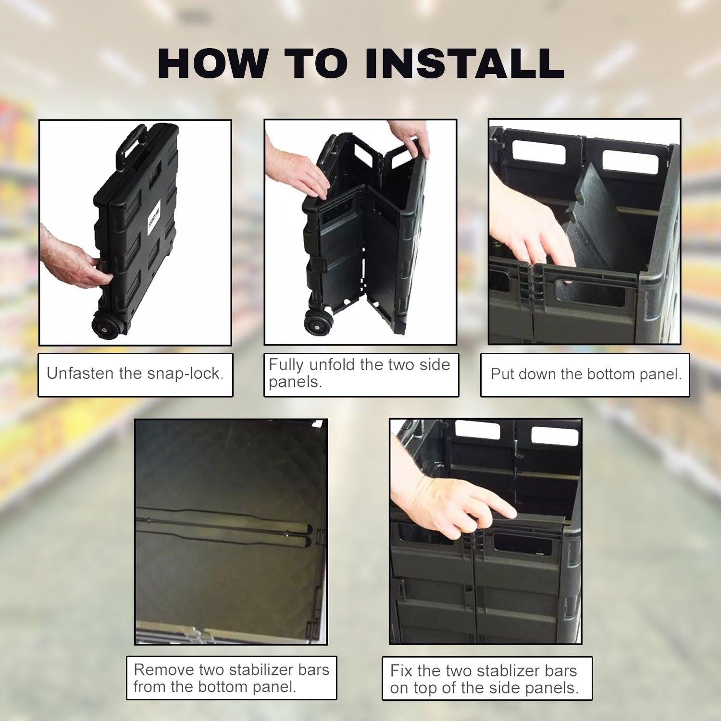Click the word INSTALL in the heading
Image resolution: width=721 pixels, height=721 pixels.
pos(464,63)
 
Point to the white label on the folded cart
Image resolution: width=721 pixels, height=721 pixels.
pos(149,224)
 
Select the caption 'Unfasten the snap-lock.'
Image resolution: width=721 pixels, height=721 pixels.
pos(135,374)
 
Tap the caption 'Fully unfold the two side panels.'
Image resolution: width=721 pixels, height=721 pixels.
pos(359,373)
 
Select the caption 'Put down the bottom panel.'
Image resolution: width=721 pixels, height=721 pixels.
pos(586,374)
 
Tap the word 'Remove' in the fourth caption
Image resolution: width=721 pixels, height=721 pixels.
pos(162,670)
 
